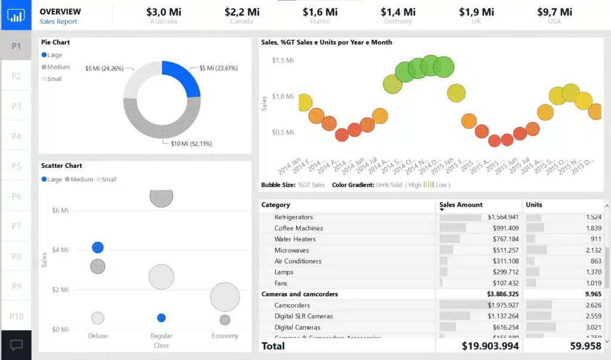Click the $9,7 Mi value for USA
point(554,12)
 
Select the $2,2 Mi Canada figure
point(242,12)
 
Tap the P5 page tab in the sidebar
point(16,166)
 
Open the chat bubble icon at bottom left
point(16,344)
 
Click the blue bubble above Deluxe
point(98,247)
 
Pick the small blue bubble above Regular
point(161,318)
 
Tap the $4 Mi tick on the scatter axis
point(61,250)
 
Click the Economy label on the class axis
point(225,336)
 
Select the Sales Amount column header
point(461,205)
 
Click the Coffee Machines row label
point(298,228)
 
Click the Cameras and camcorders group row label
point(300,294)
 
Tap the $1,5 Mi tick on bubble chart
point(282,60)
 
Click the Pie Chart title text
point(55,42)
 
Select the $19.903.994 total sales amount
point(490,346)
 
